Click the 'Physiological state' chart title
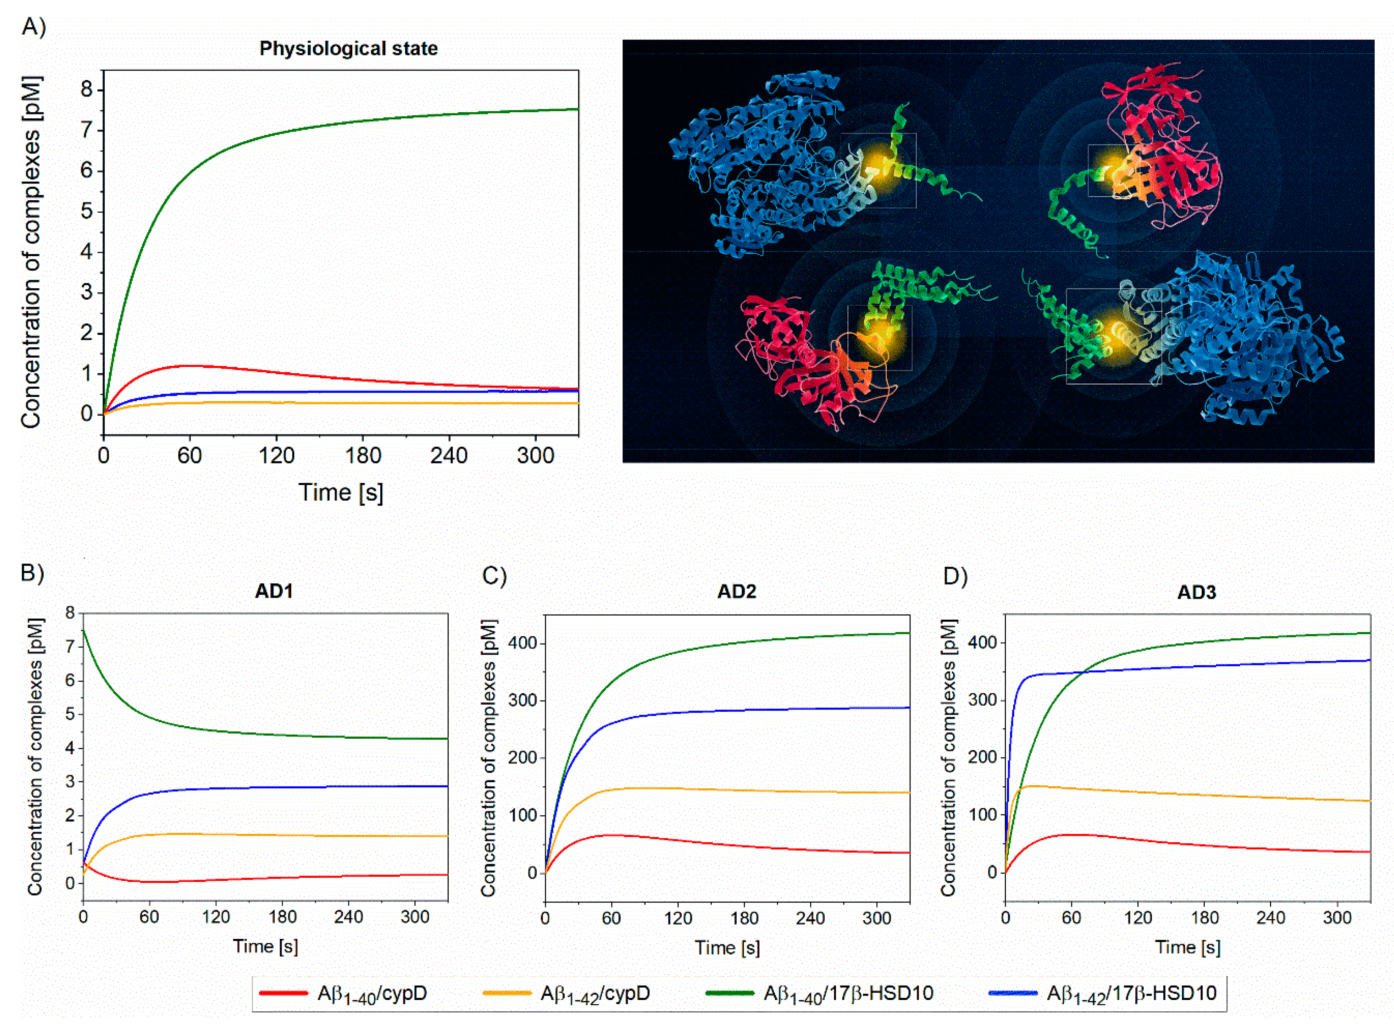point(348,49)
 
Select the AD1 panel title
point(274,591)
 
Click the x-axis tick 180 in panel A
point(363,456)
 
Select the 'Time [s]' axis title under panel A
point(341,493)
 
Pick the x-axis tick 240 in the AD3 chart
point(1270,918)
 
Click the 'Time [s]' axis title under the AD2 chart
point(727,947)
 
